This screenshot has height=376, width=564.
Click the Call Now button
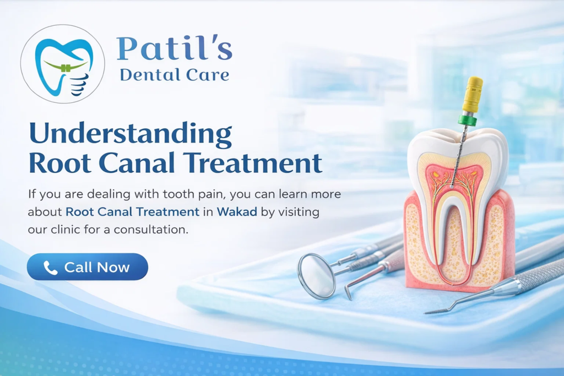coord(87,267)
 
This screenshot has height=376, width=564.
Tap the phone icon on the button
coord(50,268)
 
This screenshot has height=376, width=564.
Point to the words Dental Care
coord(174,75)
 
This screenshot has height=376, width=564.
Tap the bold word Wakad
coord(237,211)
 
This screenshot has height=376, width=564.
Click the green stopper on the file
coord(467,119)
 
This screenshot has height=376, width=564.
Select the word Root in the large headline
coord(55,163)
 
